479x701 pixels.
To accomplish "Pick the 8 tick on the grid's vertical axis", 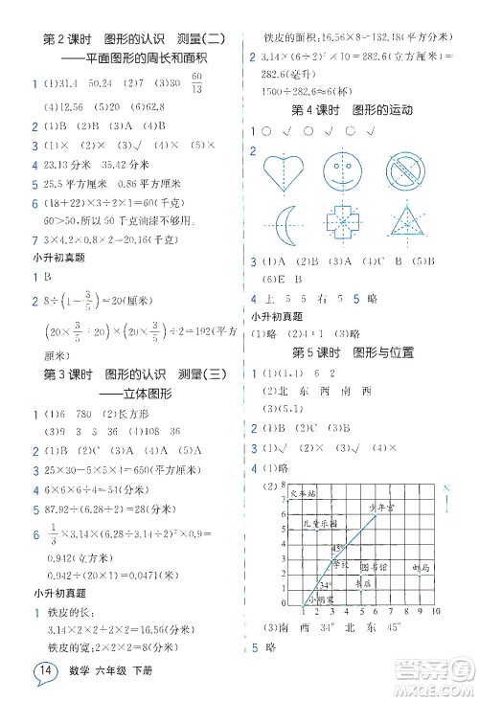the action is pyautogui.click(x=284, y=488).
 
